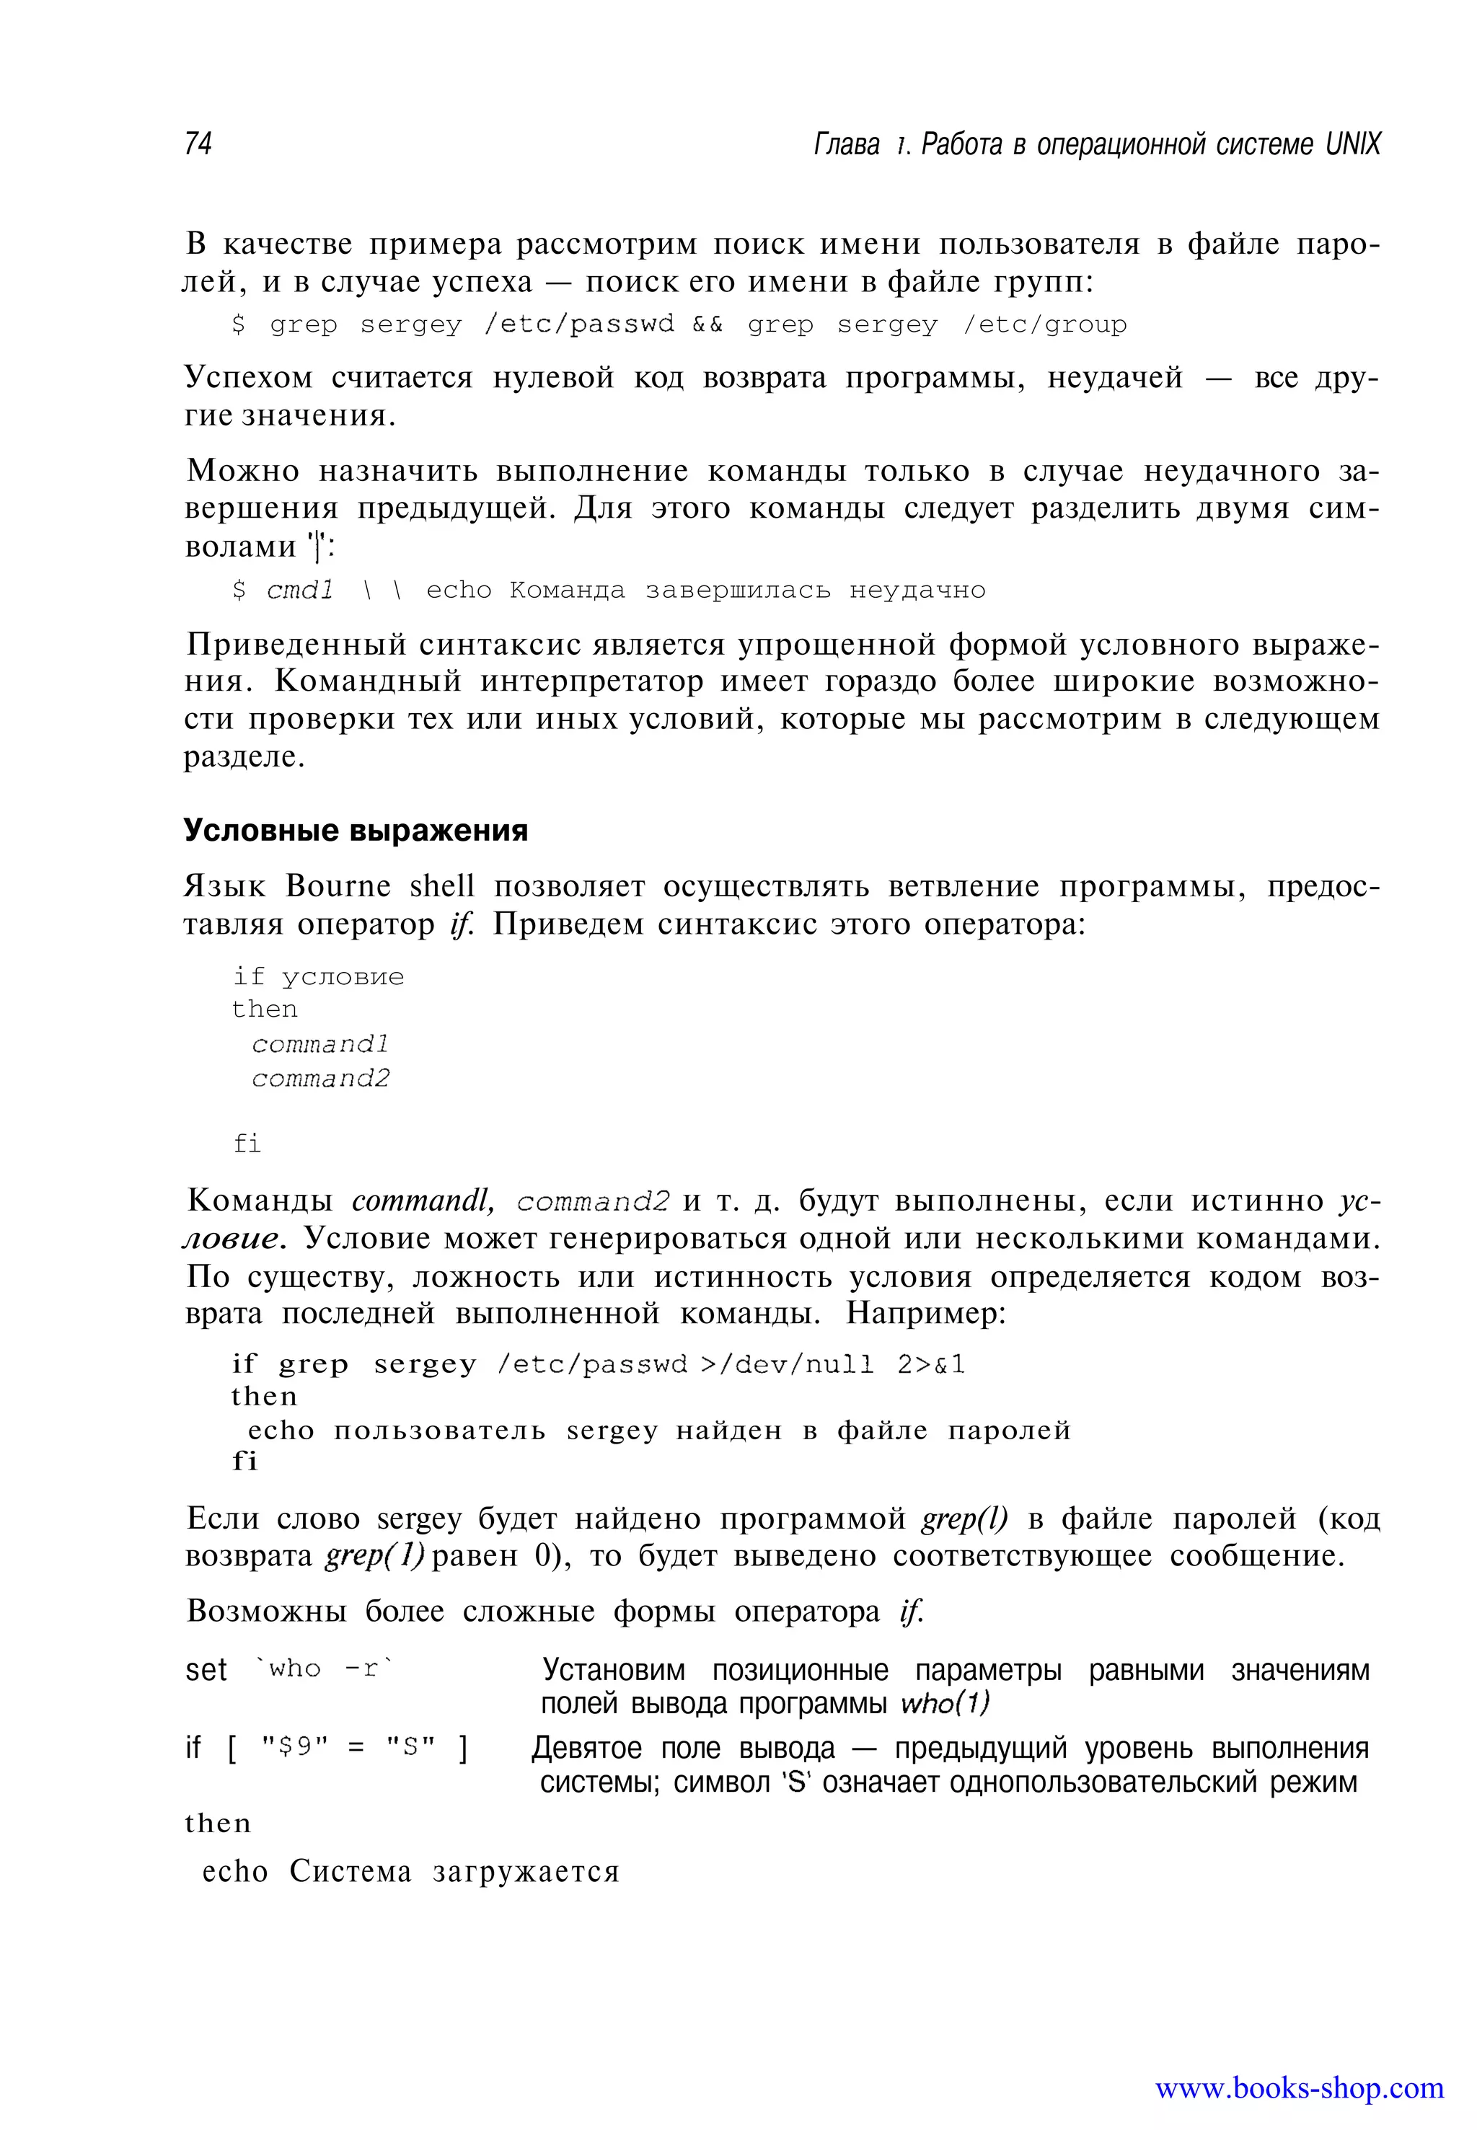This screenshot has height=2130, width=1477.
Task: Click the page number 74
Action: [x=198, y=144]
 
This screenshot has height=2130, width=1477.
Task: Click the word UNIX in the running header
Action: [x=1352, y=144]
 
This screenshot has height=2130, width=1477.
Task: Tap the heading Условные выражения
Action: [x=356, y=830]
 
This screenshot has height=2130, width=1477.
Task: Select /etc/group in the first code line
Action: [x=1045, y=324]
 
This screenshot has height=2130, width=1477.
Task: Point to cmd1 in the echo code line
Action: [x=300, y=591]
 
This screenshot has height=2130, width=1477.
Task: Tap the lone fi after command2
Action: [x=247, y=1144]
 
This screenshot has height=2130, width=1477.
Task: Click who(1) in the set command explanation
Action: [x=945, y=1702]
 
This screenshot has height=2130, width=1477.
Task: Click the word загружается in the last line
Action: [x=526, y=1871]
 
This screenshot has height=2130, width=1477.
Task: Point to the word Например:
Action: [x=925, y=1313]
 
